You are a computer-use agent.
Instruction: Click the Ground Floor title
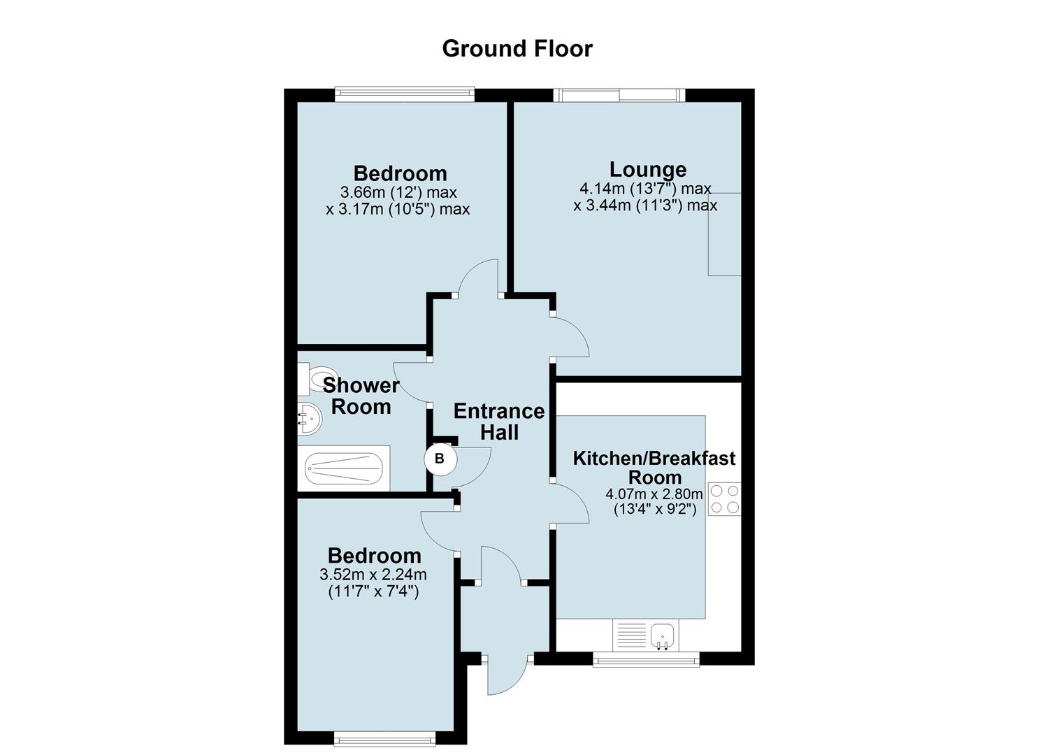click(517, 49)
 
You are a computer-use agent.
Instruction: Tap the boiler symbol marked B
click(440, 459)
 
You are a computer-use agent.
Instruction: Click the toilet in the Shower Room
click(318, 380)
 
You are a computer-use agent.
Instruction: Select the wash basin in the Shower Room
click(309, 419)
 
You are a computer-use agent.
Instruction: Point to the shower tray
click(343, 468)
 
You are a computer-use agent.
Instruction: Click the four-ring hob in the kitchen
click(725, 499)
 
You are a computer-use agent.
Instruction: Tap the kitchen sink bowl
click(663, 635)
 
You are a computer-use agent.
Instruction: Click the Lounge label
click(648, 170)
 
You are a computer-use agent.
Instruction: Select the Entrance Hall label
click(499, 422)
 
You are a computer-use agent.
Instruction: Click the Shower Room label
click(361, 396)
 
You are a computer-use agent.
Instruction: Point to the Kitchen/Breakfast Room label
click(654, 467)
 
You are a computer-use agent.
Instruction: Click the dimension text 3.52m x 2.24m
click(373, 575)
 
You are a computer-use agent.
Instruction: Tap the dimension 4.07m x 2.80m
click(654, 494)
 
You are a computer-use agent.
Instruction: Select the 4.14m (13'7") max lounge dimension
click(645, 189)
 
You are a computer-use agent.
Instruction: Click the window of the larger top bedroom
click(405, 95)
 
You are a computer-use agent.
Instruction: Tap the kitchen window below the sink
click(646, 659)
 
